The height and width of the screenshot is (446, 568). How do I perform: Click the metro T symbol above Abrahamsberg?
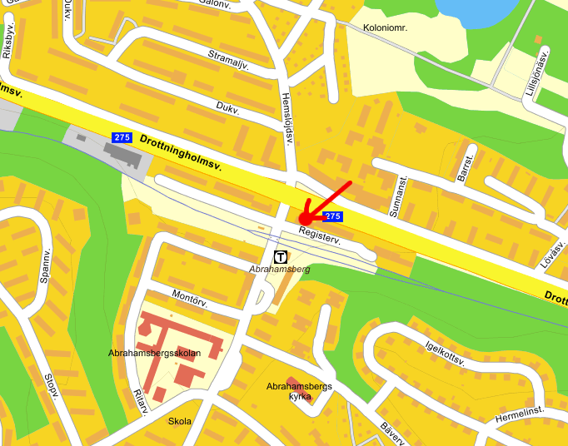[x=282, y=257]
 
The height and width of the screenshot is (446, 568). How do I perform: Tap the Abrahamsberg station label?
[x=280, y=270]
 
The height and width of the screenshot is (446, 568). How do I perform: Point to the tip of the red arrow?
[x=301, y=221]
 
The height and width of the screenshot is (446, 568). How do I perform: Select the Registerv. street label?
[x=321, y=236]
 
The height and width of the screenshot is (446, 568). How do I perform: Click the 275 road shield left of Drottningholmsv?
[x=122, y=136]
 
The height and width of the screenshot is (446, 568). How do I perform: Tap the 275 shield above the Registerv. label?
[x=332, y=216]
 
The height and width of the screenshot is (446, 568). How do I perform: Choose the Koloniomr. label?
[x=391, y=27]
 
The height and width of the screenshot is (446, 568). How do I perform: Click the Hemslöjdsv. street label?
[x=289, y=116]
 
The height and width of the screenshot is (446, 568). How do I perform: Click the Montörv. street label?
[x=188, y=295]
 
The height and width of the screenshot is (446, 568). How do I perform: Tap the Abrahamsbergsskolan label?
[x=154, y=353]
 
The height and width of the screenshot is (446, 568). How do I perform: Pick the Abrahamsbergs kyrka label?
[x=299, y=391]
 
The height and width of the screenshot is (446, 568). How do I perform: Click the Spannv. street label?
[x=45, y=266]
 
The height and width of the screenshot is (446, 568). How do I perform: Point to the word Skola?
[x=179, y=421]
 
